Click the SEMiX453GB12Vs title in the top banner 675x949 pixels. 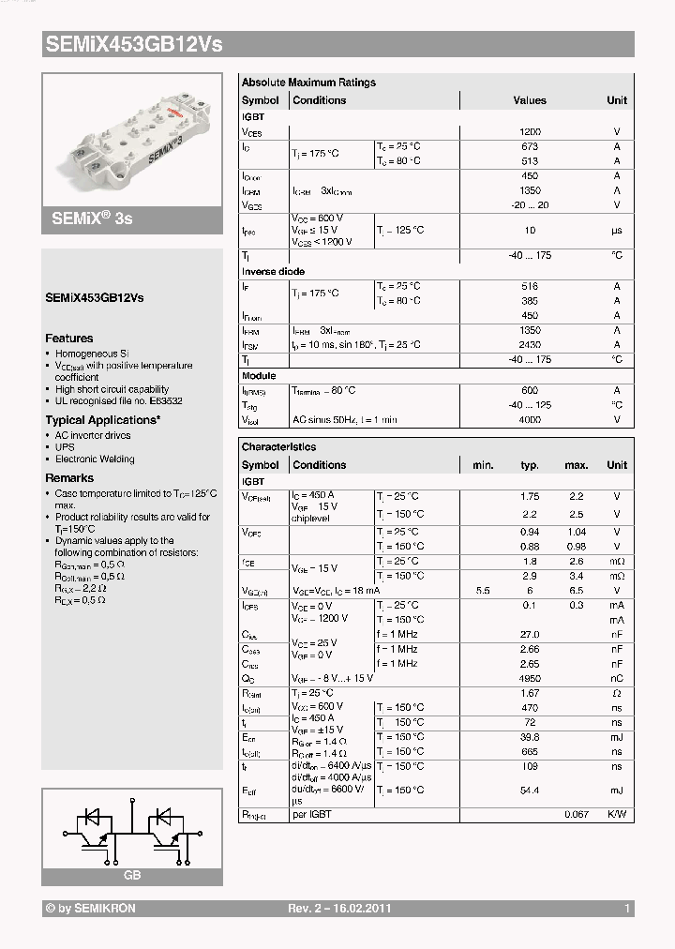[134, 44]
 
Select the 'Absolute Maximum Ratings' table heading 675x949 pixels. [308, 83]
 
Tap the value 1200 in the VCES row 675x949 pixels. [530, 132]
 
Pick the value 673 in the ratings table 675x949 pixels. [530, 146]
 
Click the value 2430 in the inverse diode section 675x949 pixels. [530, 345]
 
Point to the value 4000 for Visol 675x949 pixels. [530, 420]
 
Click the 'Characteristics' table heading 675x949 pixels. [278, 447]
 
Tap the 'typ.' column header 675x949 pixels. [530, 465]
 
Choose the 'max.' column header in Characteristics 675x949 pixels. [576, 465]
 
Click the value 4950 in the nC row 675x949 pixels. [530, 678]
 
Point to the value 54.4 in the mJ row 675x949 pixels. [530, 791]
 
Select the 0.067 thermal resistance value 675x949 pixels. [576, 815]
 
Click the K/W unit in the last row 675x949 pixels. [617, 815]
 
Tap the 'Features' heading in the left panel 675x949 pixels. [69, 339]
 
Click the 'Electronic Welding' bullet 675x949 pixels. [95, 459]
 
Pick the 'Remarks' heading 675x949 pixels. [69, 478]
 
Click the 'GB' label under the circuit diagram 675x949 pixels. [131, 875]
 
